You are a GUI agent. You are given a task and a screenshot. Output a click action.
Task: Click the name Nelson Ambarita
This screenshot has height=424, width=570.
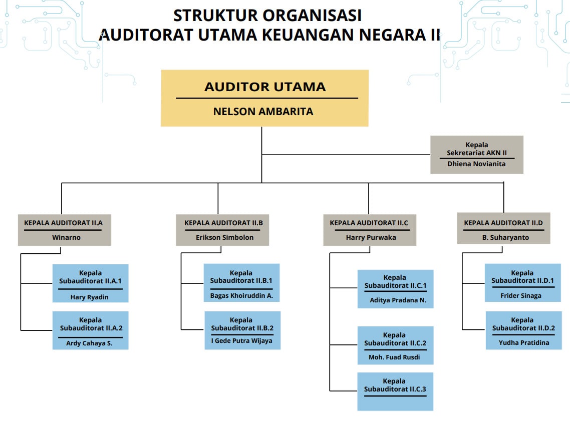click(263, 111)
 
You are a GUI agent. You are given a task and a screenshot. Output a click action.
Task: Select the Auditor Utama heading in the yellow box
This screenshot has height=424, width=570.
click(265, 87)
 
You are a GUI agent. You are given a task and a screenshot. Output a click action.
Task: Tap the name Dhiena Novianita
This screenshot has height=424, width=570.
click(476, 164)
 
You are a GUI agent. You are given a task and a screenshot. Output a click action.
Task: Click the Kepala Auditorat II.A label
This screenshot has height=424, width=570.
click(64, 223)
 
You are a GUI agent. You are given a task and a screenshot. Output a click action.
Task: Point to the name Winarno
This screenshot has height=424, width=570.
click(66, 237)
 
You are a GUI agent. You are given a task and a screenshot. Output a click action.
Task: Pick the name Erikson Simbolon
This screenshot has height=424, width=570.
click(224, 237)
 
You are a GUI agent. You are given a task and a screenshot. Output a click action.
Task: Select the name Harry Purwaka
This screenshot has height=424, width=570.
click(371, 237)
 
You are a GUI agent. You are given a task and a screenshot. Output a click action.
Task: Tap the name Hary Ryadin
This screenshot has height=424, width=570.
click(90, 297)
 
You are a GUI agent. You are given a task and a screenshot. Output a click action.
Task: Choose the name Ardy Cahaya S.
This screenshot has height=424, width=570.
click(90, 343)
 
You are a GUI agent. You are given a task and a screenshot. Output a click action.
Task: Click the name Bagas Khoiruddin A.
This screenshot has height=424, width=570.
click(241, 295)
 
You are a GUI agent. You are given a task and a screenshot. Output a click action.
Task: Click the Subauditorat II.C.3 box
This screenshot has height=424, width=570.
click(395, 391)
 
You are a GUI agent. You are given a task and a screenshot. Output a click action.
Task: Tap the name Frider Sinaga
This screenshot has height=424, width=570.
click(521, 295)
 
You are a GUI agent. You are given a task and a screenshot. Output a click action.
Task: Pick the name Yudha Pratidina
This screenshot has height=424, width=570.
click(524, 343)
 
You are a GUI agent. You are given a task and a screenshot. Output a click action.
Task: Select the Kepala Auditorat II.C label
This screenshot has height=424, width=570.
click(369, 223)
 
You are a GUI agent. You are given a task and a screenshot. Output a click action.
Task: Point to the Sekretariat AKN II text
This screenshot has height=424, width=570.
click(477, 153)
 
